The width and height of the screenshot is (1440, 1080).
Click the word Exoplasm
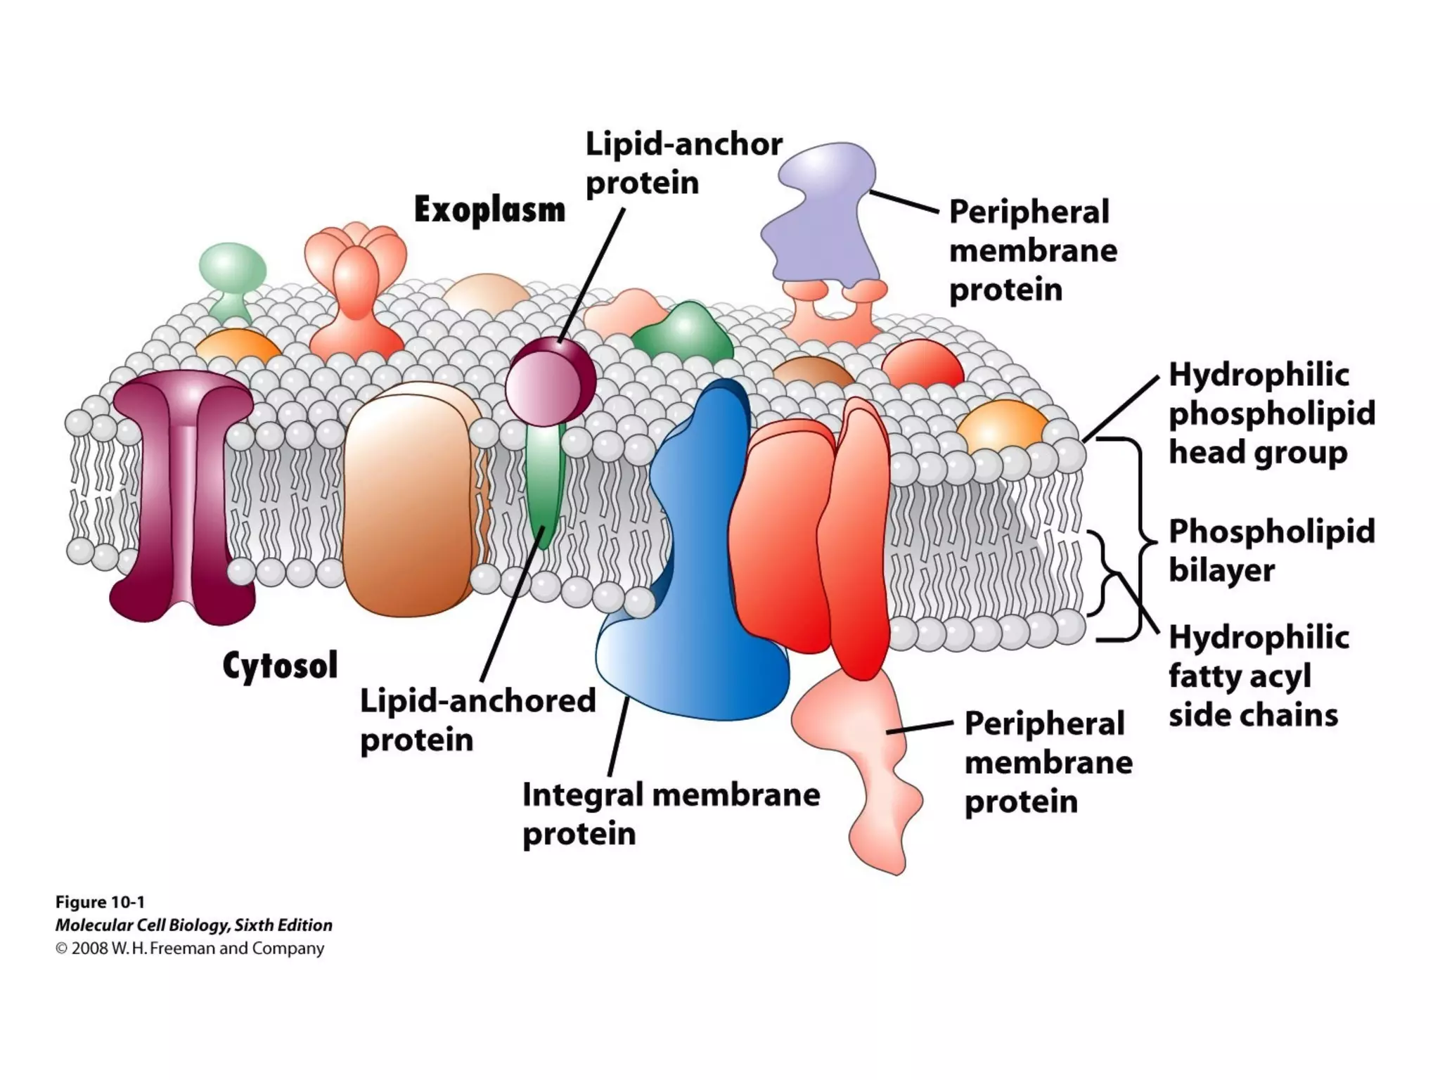489,210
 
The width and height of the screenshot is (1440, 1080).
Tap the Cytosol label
280,665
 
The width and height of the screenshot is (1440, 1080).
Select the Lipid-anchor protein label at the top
683,164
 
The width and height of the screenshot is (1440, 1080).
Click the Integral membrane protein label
671,814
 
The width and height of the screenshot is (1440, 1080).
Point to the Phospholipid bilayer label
1271,551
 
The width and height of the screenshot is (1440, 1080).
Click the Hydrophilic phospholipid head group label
1271,413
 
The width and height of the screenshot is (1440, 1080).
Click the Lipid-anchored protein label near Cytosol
477,720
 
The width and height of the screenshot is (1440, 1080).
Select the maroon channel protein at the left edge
181,492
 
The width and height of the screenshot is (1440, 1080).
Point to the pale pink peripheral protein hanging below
872,759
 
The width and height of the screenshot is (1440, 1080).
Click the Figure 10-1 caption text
100,902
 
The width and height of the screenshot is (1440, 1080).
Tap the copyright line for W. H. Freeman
190,949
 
